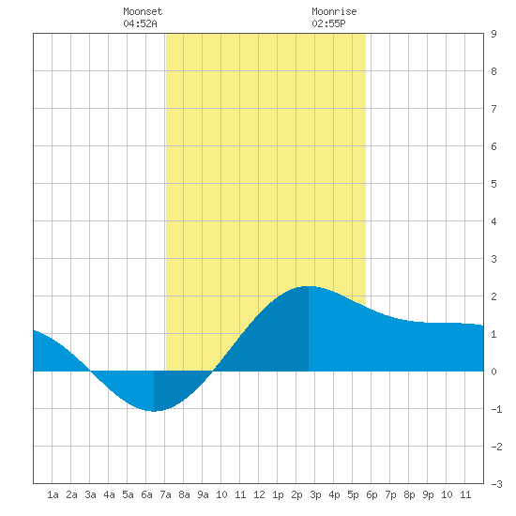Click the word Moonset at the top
(x=143, y=11)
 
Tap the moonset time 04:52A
(x=140, y=23)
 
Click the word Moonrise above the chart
(x=334, y=11)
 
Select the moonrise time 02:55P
(x=328, y=23)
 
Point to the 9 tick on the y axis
(x=493, y=34)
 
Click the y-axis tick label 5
(x=493, y=184)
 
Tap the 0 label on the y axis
(x=493, y=372)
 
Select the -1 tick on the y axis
(x=496, y=409)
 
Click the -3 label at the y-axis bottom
(x=496, y=484)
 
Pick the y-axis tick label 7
(x=493, y=109)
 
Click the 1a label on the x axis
(x=53, y=494)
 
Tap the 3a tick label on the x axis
(x=90, y=494)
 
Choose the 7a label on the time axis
(x=165, y=494)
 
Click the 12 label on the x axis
(x=259, y=494)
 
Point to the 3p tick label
(x=315, y=494)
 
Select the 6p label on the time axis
(x=372, y=494)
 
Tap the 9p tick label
(x=428, y=494)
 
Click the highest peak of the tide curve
(x=309, y=286)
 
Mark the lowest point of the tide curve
(x=154, y=411)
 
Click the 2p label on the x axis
(x=296, y=494)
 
